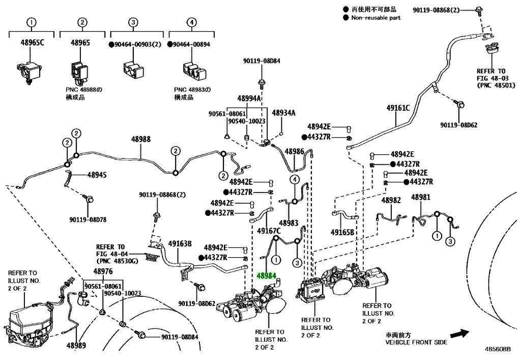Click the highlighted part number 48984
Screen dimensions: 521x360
(266, 275)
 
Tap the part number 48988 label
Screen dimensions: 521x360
(140, 139)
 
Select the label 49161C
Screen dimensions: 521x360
(398, 108)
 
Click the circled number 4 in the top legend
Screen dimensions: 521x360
(191, 22)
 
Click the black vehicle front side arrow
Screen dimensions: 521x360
(460, 334)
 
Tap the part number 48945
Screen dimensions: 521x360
(97, 175)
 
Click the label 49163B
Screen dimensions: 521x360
(180, 244)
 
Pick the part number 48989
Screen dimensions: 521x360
(76, 345)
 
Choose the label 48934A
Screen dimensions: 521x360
(283, 113)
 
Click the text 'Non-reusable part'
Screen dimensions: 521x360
(376, 18)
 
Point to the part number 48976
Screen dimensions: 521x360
(103, 271)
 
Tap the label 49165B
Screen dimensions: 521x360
(342, 232)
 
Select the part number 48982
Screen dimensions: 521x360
(391, 200)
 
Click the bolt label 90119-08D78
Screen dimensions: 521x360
(88, 220)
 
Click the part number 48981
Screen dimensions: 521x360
(421, 197)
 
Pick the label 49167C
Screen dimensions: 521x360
(269, 231)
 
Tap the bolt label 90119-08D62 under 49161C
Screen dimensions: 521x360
(458, 125)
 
